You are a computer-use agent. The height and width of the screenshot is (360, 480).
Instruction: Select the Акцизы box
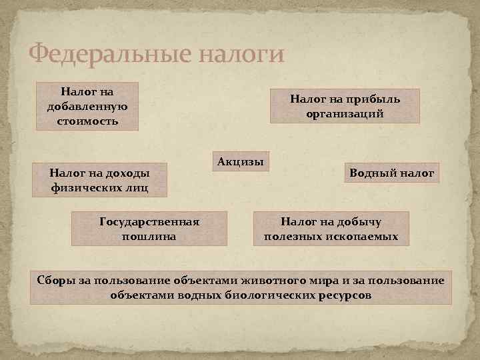click(240, 161)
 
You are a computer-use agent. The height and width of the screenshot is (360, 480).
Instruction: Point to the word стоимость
click(87, 121)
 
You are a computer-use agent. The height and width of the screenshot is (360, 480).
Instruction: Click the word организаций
click(345, 113)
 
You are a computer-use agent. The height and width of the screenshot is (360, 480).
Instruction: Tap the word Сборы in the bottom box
click(55, 279)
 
